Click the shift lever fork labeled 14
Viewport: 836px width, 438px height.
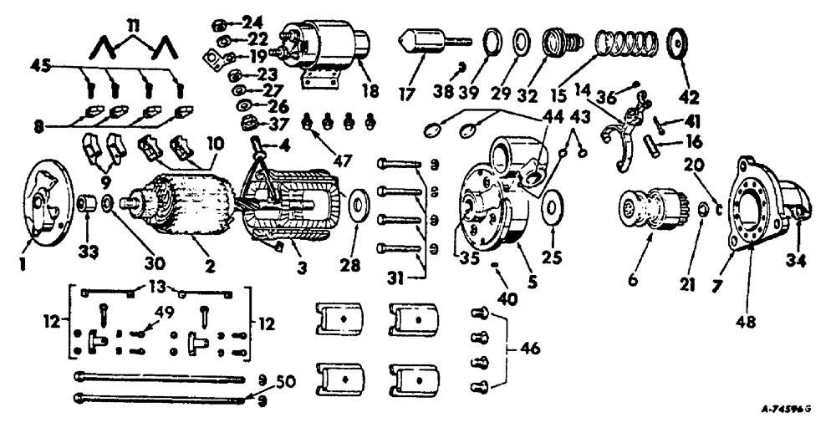coord(626,138)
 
